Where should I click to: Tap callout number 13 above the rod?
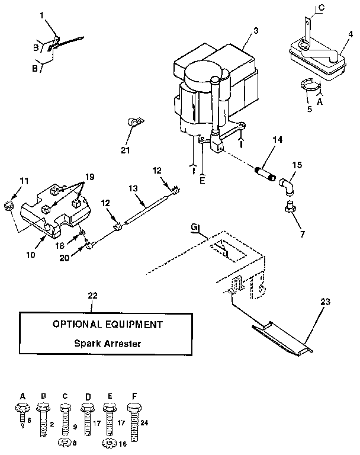click(x=133, y=188)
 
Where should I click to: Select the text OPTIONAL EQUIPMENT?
click(x=107, y=325)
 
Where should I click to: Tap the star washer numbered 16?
click(x=108, y=442)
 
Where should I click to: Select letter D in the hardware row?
click(x=87, y=396)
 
